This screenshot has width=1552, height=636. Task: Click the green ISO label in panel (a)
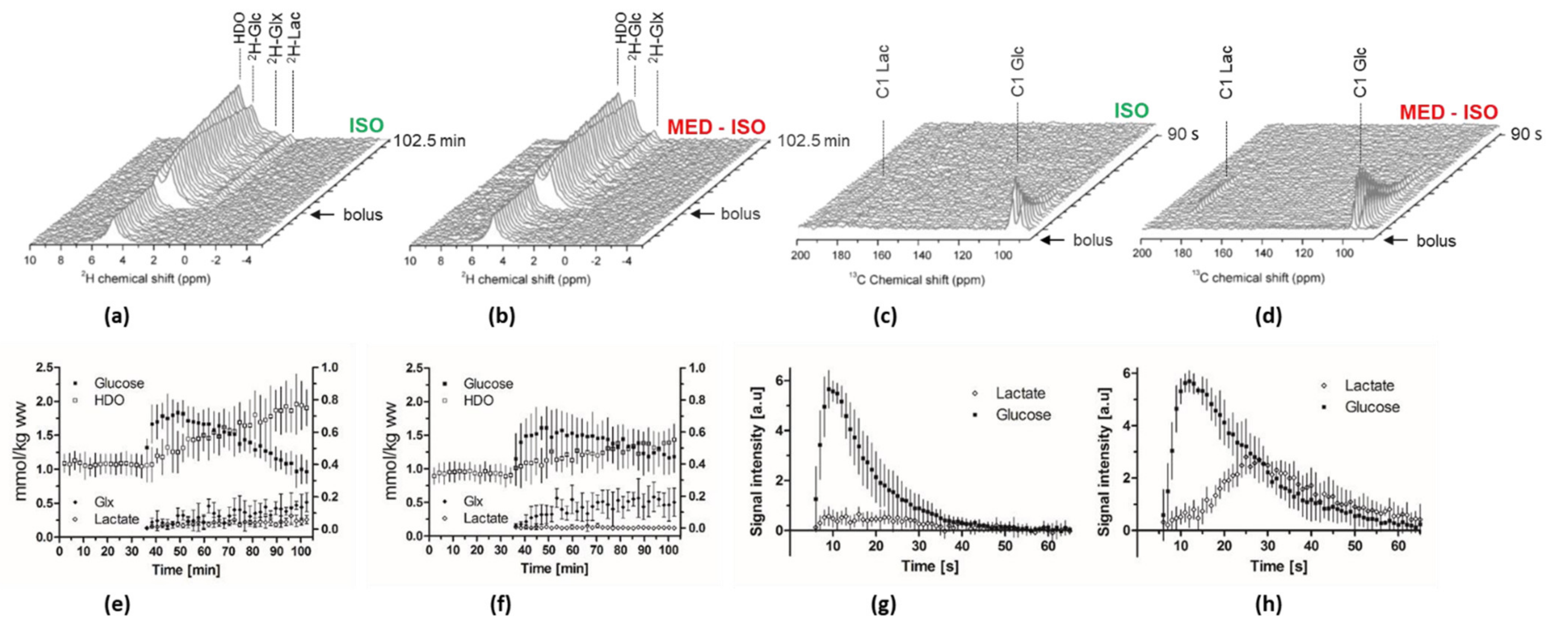(x=366, y=125)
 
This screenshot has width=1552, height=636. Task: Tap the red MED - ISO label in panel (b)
(x=716, y=127)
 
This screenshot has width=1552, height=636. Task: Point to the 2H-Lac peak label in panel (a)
(x=295, y=35)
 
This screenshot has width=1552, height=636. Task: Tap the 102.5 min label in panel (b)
(x=813, y=141)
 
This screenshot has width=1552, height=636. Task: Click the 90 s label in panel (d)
(x=1526, y=134)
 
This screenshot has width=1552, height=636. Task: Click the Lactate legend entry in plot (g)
(x=1020, y=393)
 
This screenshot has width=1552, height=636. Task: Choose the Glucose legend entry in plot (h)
(x=1372, y=407)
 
